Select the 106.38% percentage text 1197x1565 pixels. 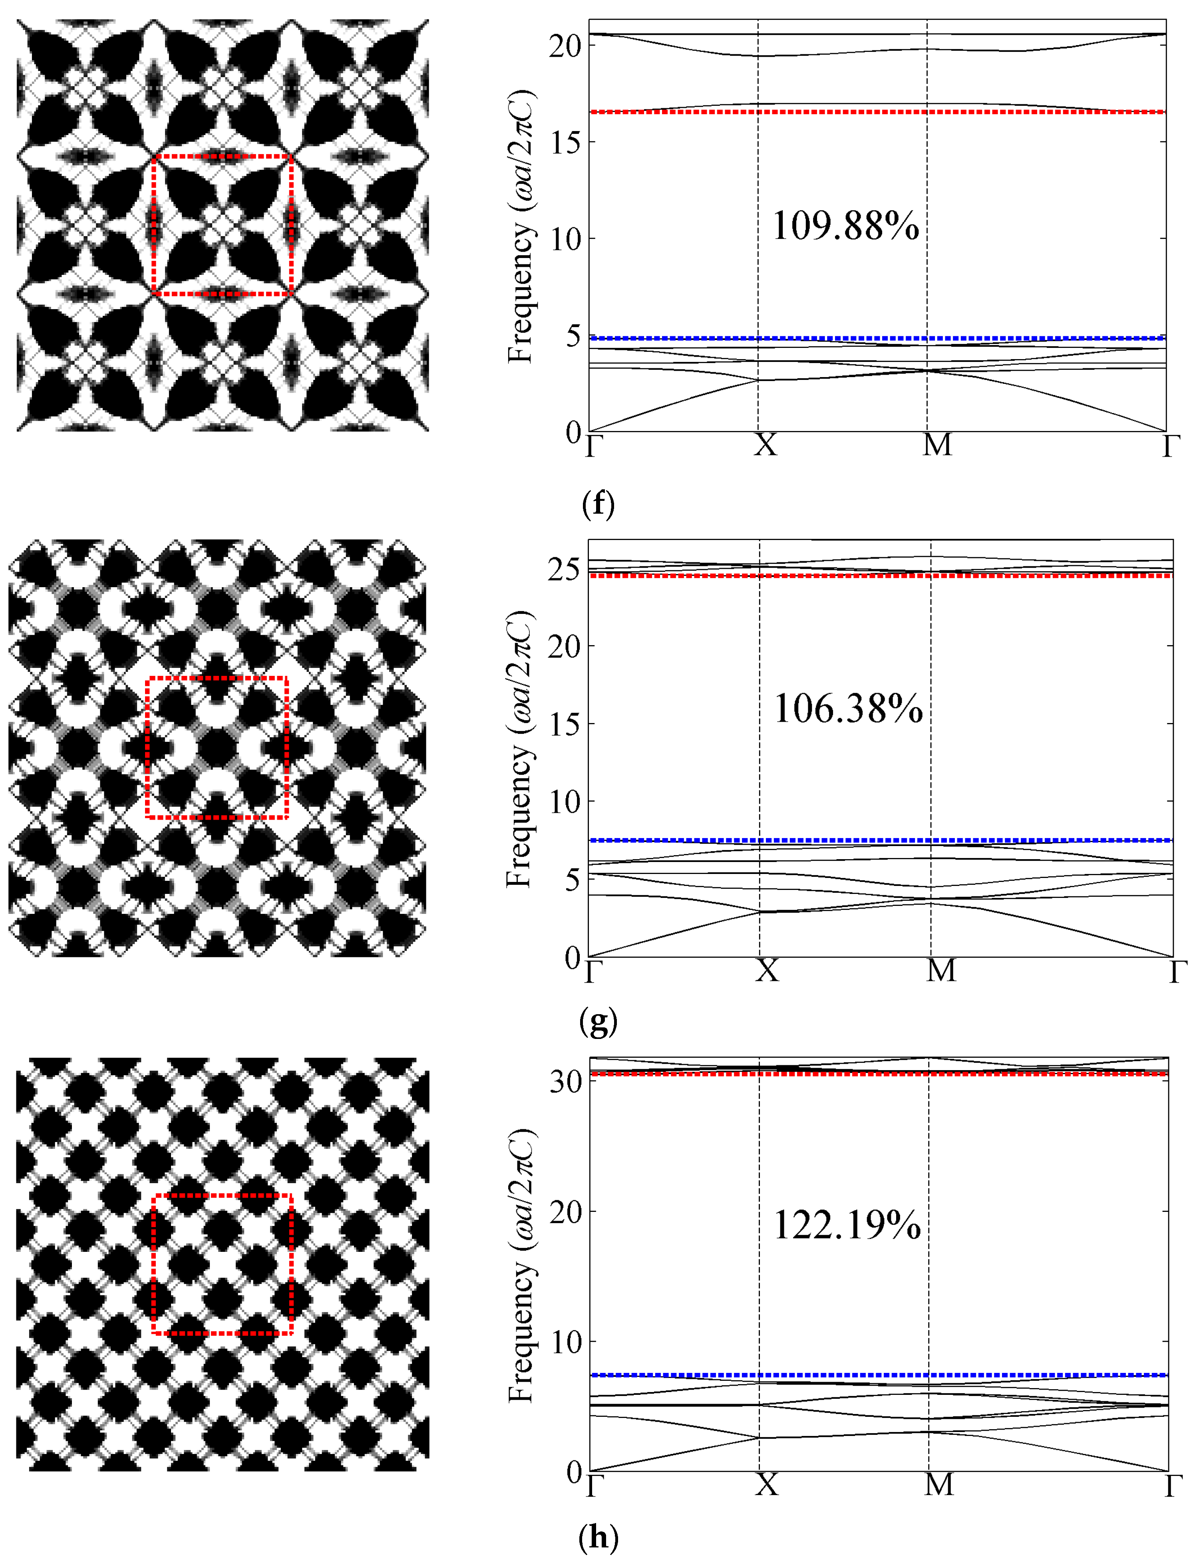pos(848,709)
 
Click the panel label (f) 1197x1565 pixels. pos(598,504)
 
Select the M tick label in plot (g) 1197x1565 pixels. pos(940,970)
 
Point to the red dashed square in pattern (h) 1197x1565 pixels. pos(222,1195)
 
